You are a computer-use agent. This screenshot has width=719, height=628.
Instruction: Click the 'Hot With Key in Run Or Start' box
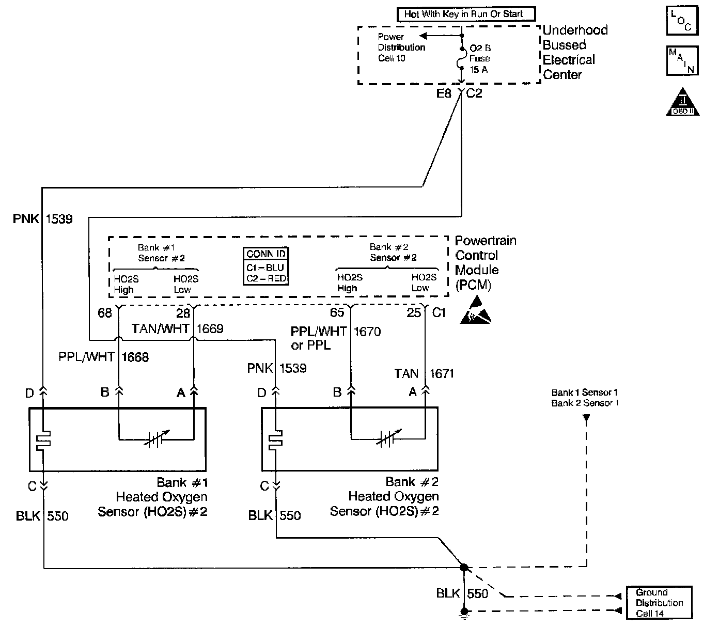pyautogui.click(x=466, y=14)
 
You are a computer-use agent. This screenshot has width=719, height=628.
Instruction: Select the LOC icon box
pyautogui.click(x=682, y=21)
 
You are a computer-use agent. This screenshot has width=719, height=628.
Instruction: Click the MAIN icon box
pyautogui.click(x=682, y=60)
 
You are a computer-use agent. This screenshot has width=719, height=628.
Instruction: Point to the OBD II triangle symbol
pyautogui.click(x=682, y=102)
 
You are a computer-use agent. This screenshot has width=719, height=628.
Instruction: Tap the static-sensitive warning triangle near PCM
pyautogui.click(x=475, y=311)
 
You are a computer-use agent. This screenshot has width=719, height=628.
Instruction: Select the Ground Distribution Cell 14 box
pyautogui.click(x=659, y=603)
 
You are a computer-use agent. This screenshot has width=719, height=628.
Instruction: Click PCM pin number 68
pyautogui.click(x=105, y=313)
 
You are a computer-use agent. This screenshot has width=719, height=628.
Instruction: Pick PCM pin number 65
pyautogui.click(x=337, y=313)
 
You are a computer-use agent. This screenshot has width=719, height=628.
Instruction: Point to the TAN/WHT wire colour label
pyautogui.click(x=160, y=329)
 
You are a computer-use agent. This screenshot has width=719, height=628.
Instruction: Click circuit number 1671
pyautogui.click(x=441, y=373)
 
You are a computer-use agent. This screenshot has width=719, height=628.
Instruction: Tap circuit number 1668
pyautogui.click(x=135, y=357)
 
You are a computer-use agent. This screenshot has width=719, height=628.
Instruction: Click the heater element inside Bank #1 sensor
pyautogui.click(x=44, y=439)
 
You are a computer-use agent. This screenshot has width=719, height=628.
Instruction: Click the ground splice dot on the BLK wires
pyautogui.click(x=464, y=568)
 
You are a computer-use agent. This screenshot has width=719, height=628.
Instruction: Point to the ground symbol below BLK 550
pyautogui.click(x=464, y=613)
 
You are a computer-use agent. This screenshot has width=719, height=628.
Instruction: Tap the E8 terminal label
pyautogui.click(x=444, y=94)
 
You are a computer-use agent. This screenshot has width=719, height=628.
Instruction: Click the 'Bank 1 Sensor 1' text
pyautogui.click(x=585, y=392)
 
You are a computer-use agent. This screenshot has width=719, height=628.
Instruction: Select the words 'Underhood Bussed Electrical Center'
pyautogui.click(x=574, y=52)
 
